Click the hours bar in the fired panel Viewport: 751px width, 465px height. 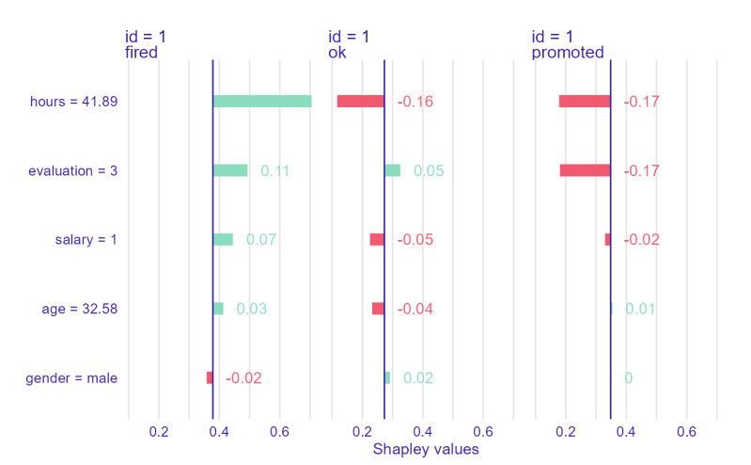(x=262, y=102)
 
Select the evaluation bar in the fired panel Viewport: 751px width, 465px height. (x=231, y=170)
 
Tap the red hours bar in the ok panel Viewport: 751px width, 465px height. (x=360, y=102)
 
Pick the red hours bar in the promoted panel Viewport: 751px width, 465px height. (x=584, y=102)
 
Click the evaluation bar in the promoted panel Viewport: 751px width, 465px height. (x=585, y=170)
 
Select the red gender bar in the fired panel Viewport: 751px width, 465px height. (x=209, y=377)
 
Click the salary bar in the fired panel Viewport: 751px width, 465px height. (x=224, y=240)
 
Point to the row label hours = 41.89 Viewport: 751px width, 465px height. (x=73, y=102)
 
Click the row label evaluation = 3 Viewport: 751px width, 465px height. (x=72, y=171)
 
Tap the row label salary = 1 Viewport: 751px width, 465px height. (x=86, y=240)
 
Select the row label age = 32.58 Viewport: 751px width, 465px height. (x=80, y=309)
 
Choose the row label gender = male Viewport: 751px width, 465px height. (x=71, y=378)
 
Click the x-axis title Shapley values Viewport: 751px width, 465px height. (x=426, y=450)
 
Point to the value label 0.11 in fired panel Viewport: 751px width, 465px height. (x=274, y=171)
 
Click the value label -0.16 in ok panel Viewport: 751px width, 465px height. (x=415, y=102)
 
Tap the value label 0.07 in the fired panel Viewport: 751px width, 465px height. (x=260, y=240)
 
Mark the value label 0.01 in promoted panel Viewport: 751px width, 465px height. (x=641, y=309)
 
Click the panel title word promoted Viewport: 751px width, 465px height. (x=568, y=53)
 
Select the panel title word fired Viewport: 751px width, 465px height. (x=141, y=53)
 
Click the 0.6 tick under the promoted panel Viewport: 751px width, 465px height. (x=686, y=432)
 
